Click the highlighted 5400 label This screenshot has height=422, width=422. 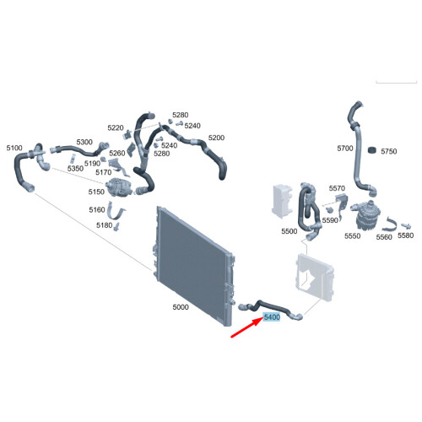(x=272, y=317)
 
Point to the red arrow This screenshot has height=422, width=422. (x=247, y=327)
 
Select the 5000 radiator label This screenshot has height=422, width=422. (x=181, y=307)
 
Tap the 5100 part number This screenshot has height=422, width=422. (x=14, y=148)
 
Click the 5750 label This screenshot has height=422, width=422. (x=389, y=152)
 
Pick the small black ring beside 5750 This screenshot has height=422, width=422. (x=372, y=150)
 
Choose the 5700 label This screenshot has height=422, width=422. (x=345, y=149)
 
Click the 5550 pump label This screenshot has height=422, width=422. (x=353, y=236)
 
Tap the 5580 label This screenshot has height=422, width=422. (x=406, y=235)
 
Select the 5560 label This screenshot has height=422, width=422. (x=384, y=237)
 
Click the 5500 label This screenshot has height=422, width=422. (x=289, y=231)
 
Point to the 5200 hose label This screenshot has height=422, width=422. (x=216, y=138)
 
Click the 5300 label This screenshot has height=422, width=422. (x=84, y=142)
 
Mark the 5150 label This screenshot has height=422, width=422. (x=96, y=192)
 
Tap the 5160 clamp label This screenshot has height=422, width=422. (x=97, y=210)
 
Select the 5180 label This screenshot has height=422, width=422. (x=104, y=225)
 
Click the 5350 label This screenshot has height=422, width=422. (x=75, y=169)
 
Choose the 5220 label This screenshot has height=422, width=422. (x=116, y=128)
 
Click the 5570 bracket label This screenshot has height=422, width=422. (x=337, y=188)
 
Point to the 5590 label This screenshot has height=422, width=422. (x=330, y=220)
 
